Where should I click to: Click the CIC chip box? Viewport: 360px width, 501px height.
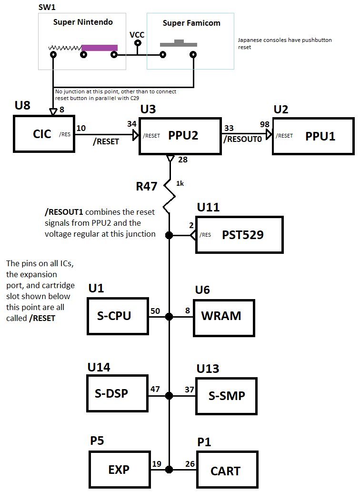(x=44, y=134)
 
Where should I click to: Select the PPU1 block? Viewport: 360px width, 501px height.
(x=313, y=136)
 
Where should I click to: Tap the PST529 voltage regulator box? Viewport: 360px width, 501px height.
(x=240, y=235)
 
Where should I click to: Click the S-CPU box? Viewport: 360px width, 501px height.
(x=118, y=316)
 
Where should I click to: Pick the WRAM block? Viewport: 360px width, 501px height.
(x=224, y=318)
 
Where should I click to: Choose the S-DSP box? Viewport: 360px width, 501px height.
(x=118, y=393)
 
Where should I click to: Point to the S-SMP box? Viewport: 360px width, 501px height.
(x=227, y=396)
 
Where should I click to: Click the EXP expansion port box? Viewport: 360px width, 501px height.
(x=120, y=470)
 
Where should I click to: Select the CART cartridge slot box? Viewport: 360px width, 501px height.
(x=228, y=470)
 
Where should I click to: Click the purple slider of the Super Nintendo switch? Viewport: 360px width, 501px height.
(x=100, y=48)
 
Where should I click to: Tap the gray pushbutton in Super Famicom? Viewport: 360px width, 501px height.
(x=179, y=43)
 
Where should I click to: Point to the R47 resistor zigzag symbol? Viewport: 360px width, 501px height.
(x=170, y=196)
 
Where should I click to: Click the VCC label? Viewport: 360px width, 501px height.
(x=137, y=34)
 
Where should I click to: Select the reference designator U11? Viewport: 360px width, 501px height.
(x=208, y=207)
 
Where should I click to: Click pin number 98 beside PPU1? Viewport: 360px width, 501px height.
(x=264, y=124)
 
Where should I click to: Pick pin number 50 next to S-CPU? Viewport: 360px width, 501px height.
(x=155, y=311)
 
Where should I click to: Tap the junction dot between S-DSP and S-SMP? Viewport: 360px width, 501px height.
(x=170, y=396)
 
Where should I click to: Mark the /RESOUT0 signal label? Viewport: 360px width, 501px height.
(x=243, y=139)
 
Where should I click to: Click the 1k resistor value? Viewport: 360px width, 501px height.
(x=180, y=183)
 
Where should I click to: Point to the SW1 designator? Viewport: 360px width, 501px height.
(x=47, y=7)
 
